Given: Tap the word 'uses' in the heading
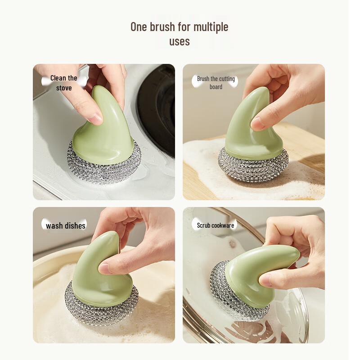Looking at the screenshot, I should (180, 42).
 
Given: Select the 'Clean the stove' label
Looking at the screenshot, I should (63, 83).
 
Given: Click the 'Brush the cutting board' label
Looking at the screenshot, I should (216, 83).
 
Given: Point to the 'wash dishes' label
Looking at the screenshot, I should (66, 225).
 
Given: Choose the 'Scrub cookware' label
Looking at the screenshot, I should (216, 225).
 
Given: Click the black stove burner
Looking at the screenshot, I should (157, 108).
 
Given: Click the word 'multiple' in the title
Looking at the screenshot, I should (211, 27).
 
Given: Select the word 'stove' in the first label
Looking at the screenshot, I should (64, 88).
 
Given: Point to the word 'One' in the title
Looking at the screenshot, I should (139, 27).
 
